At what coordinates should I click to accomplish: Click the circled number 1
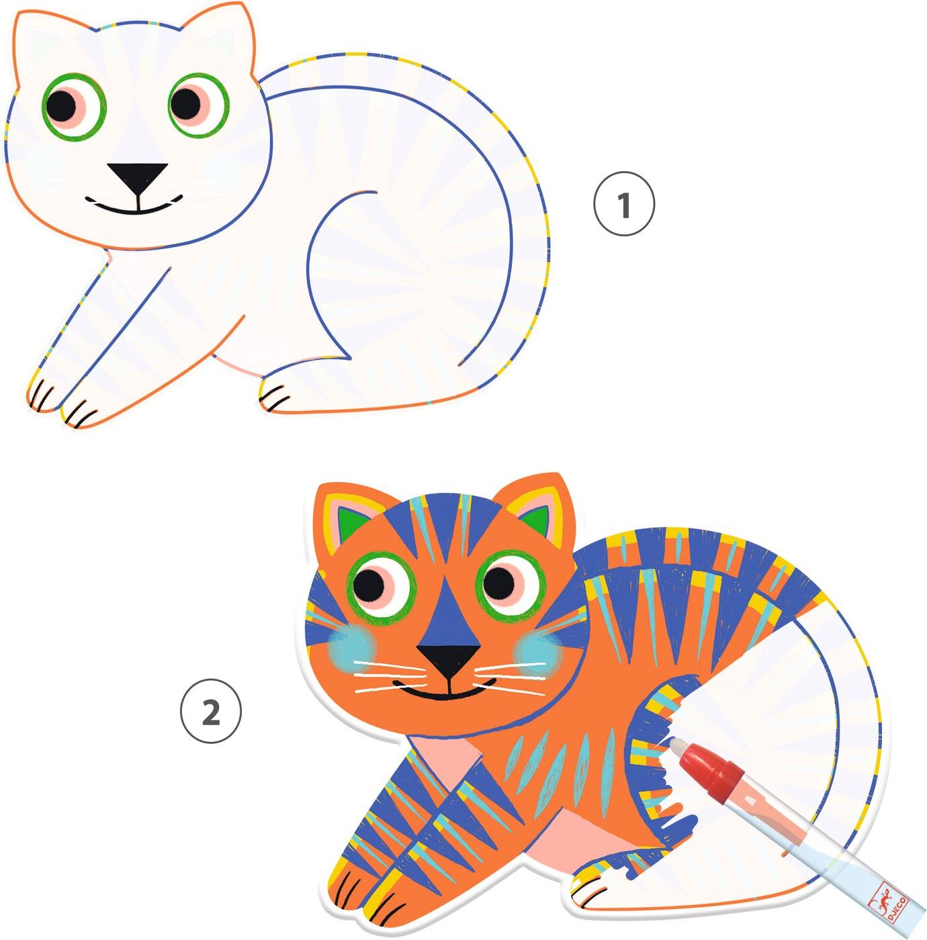point(624,204)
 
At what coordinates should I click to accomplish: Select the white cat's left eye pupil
point(62,104)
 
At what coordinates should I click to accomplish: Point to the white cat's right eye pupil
point(185,103)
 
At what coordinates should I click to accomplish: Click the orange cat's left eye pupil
point(369,586)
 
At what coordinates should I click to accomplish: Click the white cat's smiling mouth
point(134,205)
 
